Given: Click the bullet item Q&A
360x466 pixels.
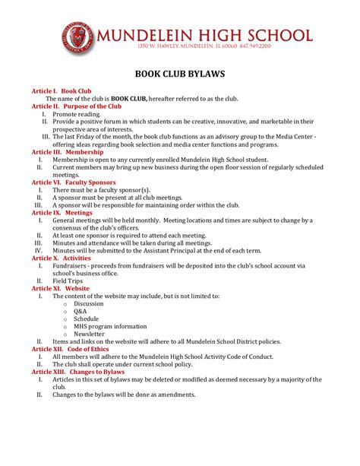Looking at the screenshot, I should [81, 312].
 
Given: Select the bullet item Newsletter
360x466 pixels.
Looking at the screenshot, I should [89, 334].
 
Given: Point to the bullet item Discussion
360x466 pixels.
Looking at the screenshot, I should [89, 304].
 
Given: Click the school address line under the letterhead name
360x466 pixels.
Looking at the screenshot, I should [204, 46].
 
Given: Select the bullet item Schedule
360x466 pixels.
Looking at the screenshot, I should [86, 319].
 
